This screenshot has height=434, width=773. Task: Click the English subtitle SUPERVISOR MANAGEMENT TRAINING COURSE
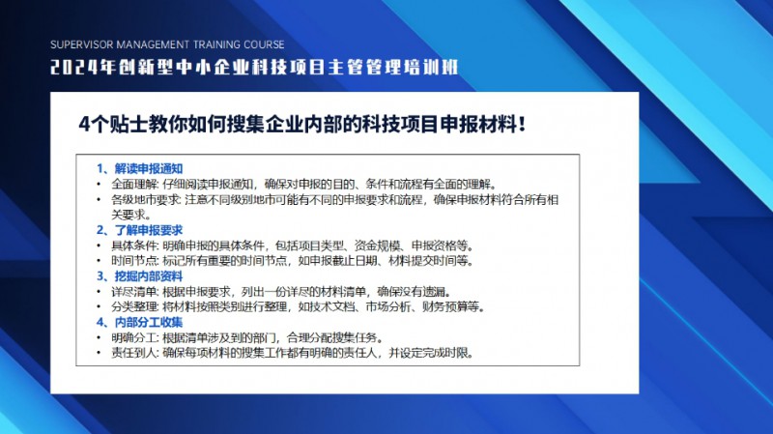167,44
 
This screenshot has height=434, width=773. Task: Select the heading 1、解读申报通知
139,168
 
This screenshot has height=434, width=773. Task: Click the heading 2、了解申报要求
139,230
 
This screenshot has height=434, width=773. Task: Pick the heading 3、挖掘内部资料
139,276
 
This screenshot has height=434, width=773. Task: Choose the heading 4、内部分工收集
139,323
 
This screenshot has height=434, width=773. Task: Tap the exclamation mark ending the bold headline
522,124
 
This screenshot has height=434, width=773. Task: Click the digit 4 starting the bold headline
84,125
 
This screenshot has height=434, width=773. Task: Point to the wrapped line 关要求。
131,215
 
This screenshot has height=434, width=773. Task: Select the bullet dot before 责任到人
100,353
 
